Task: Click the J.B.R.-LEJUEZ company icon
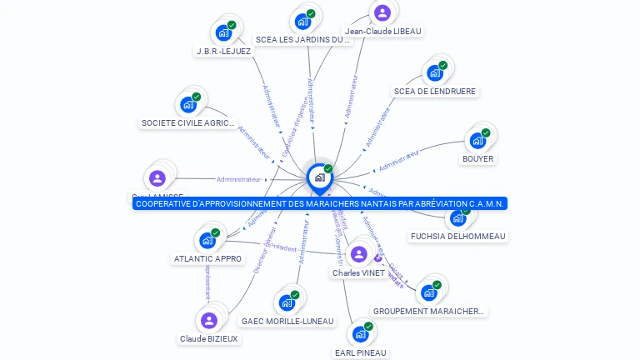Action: tap(222, 32)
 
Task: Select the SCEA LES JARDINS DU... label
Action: tap(302, 39)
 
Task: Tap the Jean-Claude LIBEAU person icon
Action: tap(382, 12)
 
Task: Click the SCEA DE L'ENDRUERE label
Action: tap(435, 91)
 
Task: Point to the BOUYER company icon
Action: tap(477, 140)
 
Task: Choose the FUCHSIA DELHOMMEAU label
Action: tap(457, 236)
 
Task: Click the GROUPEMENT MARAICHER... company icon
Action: tap(429, 292)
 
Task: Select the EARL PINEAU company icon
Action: tap(360, 333)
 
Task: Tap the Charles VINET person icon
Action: tap(359, 254)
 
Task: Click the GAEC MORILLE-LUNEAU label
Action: tap(287, 321)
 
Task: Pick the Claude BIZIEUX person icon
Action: tap(209, 320)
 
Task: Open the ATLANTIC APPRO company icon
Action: tap(207, 240)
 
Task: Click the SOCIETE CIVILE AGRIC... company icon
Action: tap(188, 104)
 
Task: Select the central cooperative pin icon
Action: tap(319, 177)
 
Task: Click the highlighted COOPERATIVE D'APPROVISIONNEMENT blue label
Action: tap(320, 203)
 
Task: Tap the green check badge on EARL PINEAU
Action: tap(368, 326)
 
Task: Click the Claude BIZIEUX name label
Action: tap(209, 338)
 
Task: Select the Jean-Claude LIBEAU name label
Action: tap(383, 32)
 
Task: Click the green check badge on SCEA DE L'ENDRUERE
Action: tap(442, 65)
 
